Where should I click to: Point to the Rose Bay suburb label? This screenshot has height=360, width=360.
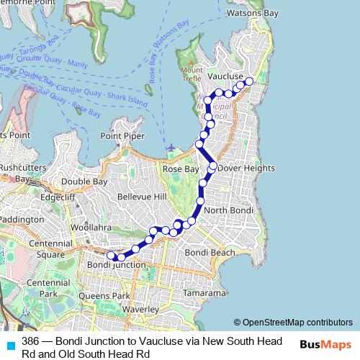[180, 168]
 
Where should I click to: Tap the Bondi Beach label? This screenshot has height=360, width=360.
[210, 253]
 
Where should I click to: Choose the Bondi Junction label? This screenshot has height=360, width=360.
[116, 265]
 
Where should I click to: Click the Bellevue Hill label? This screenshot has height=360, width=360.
[141, 196]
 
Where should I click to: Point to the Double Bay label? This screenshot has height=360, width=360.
[84, 182]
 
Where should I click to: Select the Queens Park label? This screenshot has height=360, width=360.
[105, 295]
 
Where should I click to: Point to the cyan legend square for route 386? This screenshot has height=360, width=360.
[9, 345]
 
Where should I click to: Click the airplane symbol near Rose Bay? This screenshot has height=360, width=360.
[170, 148]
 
